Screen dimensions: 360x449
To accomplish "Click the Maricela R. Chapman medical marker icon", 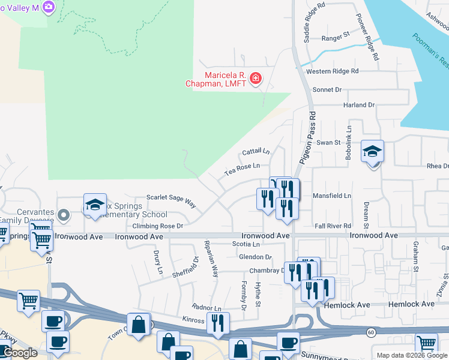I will coord(256,79).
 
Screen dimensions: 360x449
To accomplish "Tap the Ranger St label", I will coord(336,37).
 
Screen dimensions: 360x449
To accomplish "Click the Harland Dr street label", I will coord(358,105).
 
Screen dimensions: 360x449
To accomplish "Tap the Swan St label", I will coord(328,143).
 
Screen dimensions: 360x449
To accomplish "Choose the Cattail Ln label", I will coord(256,151).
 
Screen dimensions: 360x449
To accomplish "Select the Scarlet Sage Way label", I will coord(172,200).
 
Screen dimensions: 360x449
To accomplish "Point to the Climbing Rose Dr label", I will coord(158,226).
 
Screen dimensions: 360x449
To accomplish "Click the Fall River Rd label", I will coord(333,226).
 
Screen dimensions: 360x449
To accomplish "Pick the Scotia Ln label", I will coord(246,245).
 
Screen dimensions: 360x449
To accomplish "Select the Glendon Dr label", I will coord(256,257).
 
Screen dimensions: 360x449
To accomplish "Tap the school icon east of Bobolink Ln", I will coord(372,152).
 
